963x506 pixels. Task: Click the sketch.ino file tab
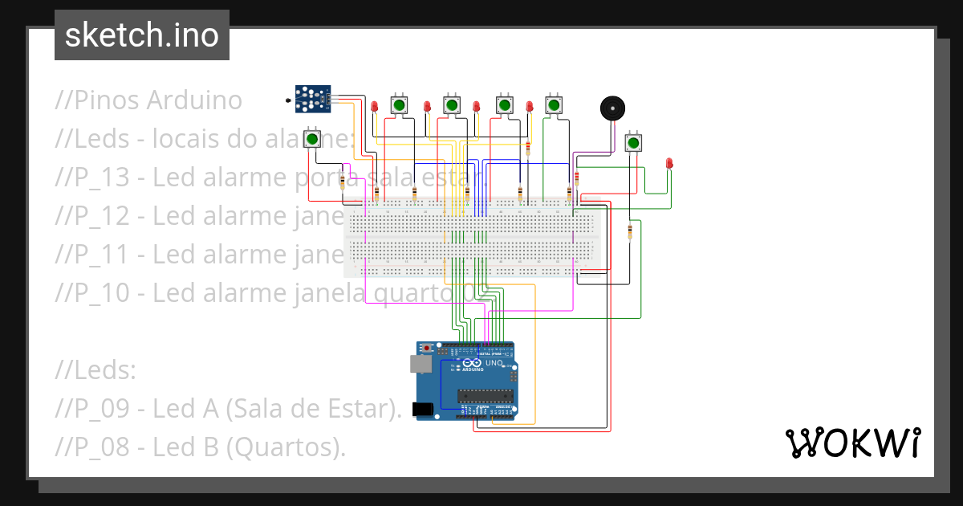(x=141, y=35)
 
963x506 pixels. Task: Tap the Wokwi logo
(x=852, y=443)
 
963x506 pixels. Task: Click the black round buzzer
(x=612, y=108)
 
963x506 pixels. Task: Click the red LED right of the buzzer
(x=669, y=163)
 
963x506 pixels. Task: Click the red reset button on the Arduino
(x=427, y=348)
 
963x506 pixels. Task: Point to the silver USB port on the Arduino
(x=420, y=365)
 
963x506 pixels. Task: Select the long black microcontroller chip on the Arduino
(x=485, y=394)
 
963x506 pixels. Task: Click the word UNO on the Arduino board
(x=494, y=363)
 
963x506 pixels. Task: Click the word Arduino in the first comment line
(x=193, y=100)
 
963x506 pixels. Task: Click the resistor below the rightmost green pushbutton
(x=629, y=231)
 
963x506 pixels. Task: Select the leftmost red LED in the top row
(x=374, y=106)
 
